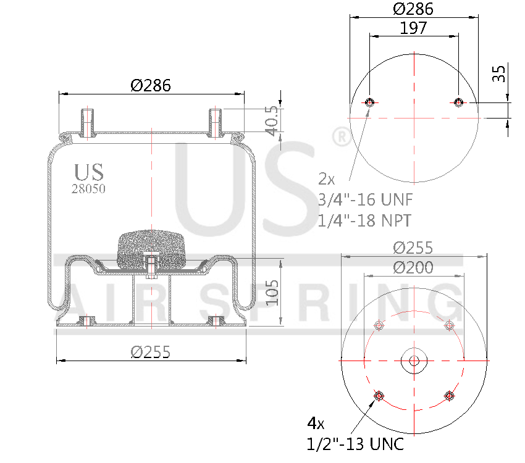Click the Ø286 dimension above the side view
tap(151, 86)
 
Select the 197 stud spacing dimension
tap(413, 28)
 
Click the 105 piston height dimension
tap(272, 292)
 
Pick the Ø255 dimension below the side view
tap(151, 352)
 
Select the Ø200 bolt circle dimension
tap(413, 267)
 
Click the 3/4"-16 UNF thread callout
tap(364, 200)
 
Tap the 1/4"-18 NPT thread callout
tap(364, 220)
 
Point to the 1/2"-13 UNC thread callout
tap(355, 443)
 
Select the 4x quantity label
tap(316, 423)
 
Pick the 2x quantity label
tap(326, 180)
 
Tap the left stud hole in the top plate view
tap(370, 102)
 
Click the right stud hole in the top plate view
tap(458, 102)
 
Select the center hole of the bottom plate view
tap(413, 361)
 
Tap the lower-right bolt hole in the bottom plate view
tap(449, 396)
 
